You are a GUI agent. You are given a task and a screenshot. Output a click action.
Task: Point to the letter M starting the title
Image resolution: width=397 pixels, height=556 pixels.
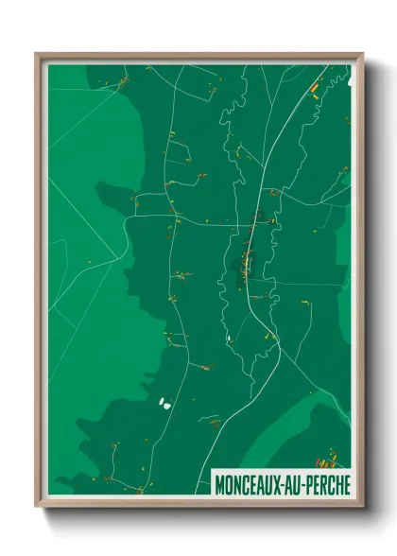(x=220, y=482)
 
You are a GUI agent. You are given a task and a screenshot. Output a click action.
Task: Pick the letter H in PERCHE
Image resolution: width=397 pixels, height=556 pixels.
(x=337, y=482)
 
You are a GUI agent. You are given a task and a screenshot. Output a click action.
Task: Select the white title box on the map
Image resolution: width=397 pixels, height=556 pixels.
(x=281, y=482)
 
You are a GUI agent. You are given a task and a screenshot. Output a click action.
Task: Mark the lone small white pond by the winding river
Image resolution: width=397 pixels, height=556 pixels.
(x=229, y=338)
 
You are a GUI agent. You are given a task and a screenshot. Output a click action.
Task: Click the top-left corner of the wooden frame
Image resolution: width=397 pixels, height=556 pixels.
(x=38, y=55)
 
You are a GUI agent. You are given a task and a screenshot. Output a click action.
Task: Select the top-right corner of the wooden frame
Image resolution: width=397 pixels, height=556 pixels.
(x=361, y=55)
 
